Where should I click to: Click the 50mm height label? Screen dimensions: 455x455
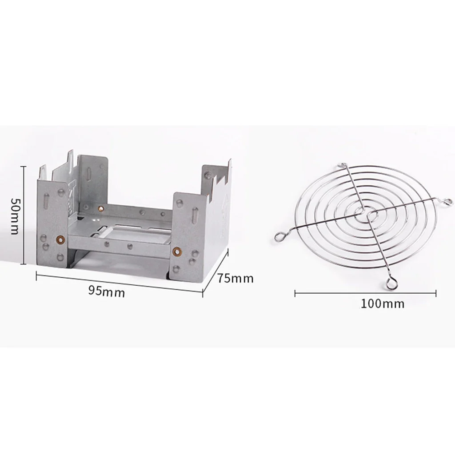[x=15, y=216]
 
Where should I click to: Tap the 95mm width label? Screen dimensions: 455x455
[x=106, y=291]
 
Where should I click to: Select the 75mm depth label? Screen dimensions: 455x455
[x=235, y=279]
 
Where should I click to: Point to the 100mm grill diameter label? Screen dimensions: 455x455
[x=382, y=304]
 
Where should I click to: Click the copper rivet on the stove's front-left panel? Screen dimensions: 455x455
[x=58, y=240]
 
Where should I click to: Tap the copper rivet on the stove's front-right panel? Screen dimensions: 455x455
[x=177, y=251]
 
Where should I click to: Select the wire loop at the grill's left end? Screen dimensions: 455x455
[x=279, y=236]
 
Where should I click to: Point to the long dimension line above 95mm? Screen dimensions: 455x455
[x=119, y=283]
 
